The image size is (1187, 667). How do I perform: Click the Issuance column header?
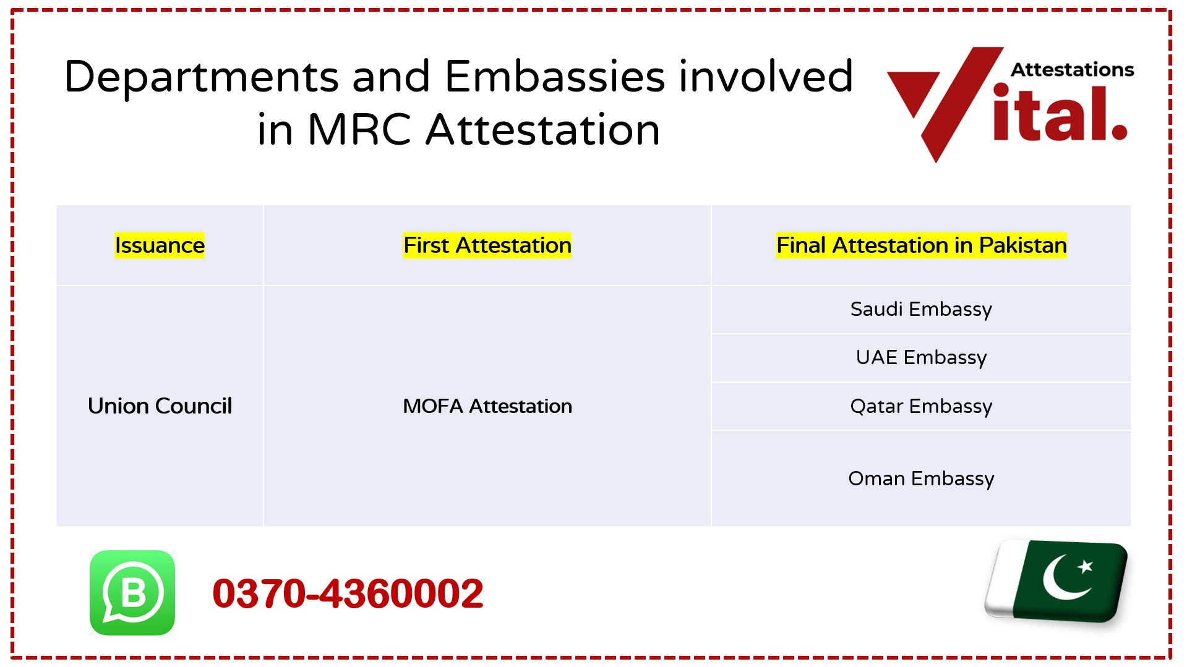160,245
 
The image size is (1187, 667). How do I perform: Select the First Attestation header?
487,245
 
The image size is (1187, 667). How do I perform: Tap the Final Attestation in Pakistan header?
921,245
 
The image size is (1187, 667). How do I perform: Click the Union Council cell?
160,406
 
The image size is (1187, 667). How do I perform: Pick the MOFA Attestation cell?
487,406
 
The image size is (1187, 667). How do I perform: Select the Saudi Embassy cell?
921,309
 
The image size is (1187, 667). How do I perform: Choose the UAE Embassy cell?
921,357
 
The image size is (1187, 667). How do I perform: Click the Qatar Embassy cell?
921,406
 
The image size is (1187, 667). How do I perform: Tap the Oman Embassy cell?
921,478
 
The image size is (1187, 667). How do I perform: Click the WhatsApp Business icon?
132,593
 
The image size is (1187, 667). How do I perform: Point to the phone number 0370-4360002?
348,593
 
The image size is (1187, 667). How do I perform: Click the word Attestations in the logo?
1072,70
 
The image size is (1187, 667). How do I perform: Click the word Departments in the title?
201,77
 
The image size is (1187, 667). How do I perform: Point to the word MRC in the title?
359,130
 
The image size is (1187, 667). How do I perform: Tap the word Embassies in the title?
555,77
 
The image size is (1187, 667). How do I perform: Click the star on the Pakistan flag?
1086,566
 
